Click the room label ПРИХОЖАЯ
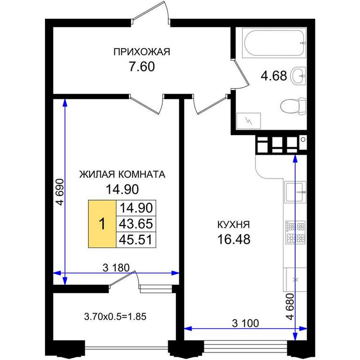point(142,52)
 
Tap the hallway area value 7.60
point(142,67)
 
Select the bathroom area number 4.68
point(274,76)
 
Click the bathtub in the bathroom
point(274,43)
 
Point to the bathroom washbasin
point(298,75)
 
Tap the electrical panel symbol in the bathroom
point(248,121)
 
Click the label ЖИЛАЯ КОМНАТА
point(122,174)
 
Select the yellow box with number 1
point(102,224)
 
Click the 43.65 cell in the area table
point(136,224)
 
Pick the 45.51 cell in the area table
point(136,240)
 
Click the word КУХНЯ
point(233,225)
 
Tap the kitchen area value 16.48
point(234,239)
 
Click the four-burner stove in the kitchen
point(295,232)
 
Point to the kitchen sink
point(295,192)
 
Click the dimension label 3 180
point(116,268)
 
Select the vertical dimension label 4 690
point(60,192)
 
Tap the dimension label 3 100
point(246,323)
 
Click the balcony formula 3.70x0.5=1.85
point(115,316)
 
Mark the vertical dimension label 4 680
point(290,307)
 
